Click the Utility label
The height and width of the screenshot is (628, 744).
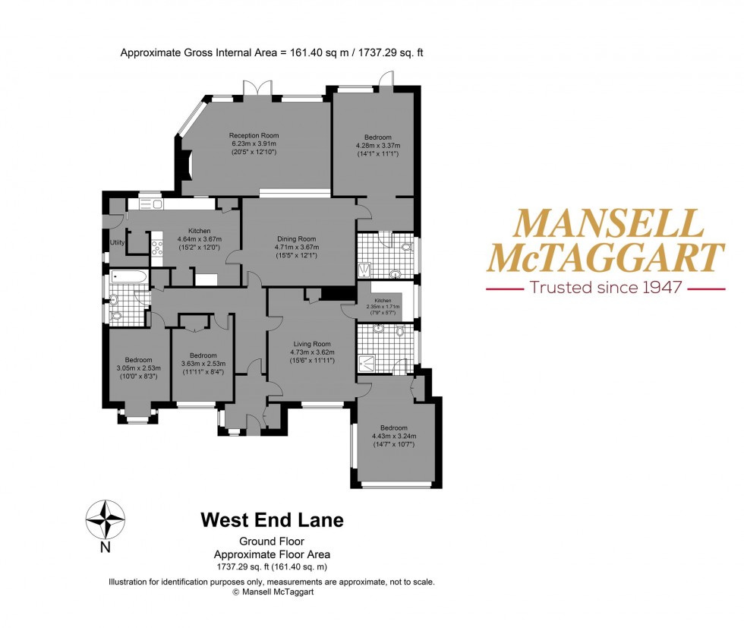pyautogui.click(x=117, y=242)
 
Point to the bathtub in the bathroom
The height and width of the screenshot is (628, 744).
pyautogui.click(x=128, y=277)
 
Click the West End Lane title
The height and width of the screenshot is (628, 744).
pyautogui.click(x=272, y=520)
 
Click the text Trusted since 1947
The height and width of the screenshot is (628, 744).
pyautogui.click(x=605, y=288)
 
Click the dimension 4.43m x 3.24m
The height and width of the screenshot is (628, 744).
pyautogui.click(x=394, y=436)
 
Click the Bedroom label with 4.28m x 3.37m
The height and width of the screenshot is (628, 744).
pyautogui.click(x=377, y=137)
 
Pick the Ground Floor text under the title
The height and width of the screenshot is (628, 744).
pyautogui.click(x=272, y=541)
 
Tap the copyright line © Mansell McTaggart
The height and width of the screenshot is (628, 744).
pyautogui.click(x=272, y=592)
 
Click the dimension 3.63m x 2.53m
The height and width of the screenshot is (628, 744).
pyautogui.click(x=203, y=364)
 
